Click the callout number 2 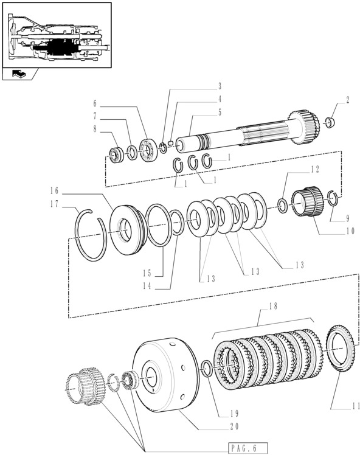[x=347, y=100]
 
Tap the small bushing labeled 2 [x=330, y=122]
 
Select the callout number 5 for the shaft [x=220, y=113]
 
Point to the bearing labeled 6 [x=148, y=150]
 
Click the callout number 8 [x=95, y=129]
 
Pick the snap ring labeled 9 [x=333, y=199]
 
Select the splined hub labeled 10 [x=307, y=201]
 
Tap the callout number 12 [x=316, y=169]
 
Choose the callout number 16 [x=54, y=190]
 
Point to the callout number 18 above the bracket [x=272, y=306]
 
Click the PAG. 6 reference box [x=248, y=448]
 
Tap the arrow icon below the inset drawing [x=19, y=74]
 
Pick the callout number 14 [x=147, y=286]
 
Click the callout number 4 [x=220, y=99]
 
